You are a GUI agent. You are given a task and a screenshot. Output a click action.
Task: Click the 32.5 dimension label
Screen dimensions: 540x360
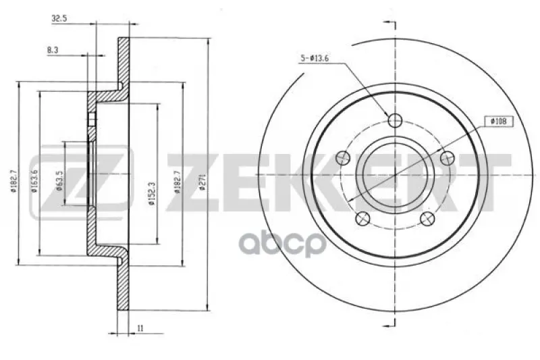59,19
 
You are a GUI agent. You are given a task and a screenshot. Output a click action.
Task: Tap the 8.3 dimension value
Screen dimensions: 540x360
53,50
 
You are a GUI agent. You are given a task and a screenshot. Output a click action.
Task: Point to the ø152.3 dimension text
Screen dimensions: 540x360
152,194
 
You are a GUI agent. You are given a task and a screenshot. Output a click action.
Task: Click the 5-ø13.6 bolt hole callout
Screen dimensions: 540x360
315,59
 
